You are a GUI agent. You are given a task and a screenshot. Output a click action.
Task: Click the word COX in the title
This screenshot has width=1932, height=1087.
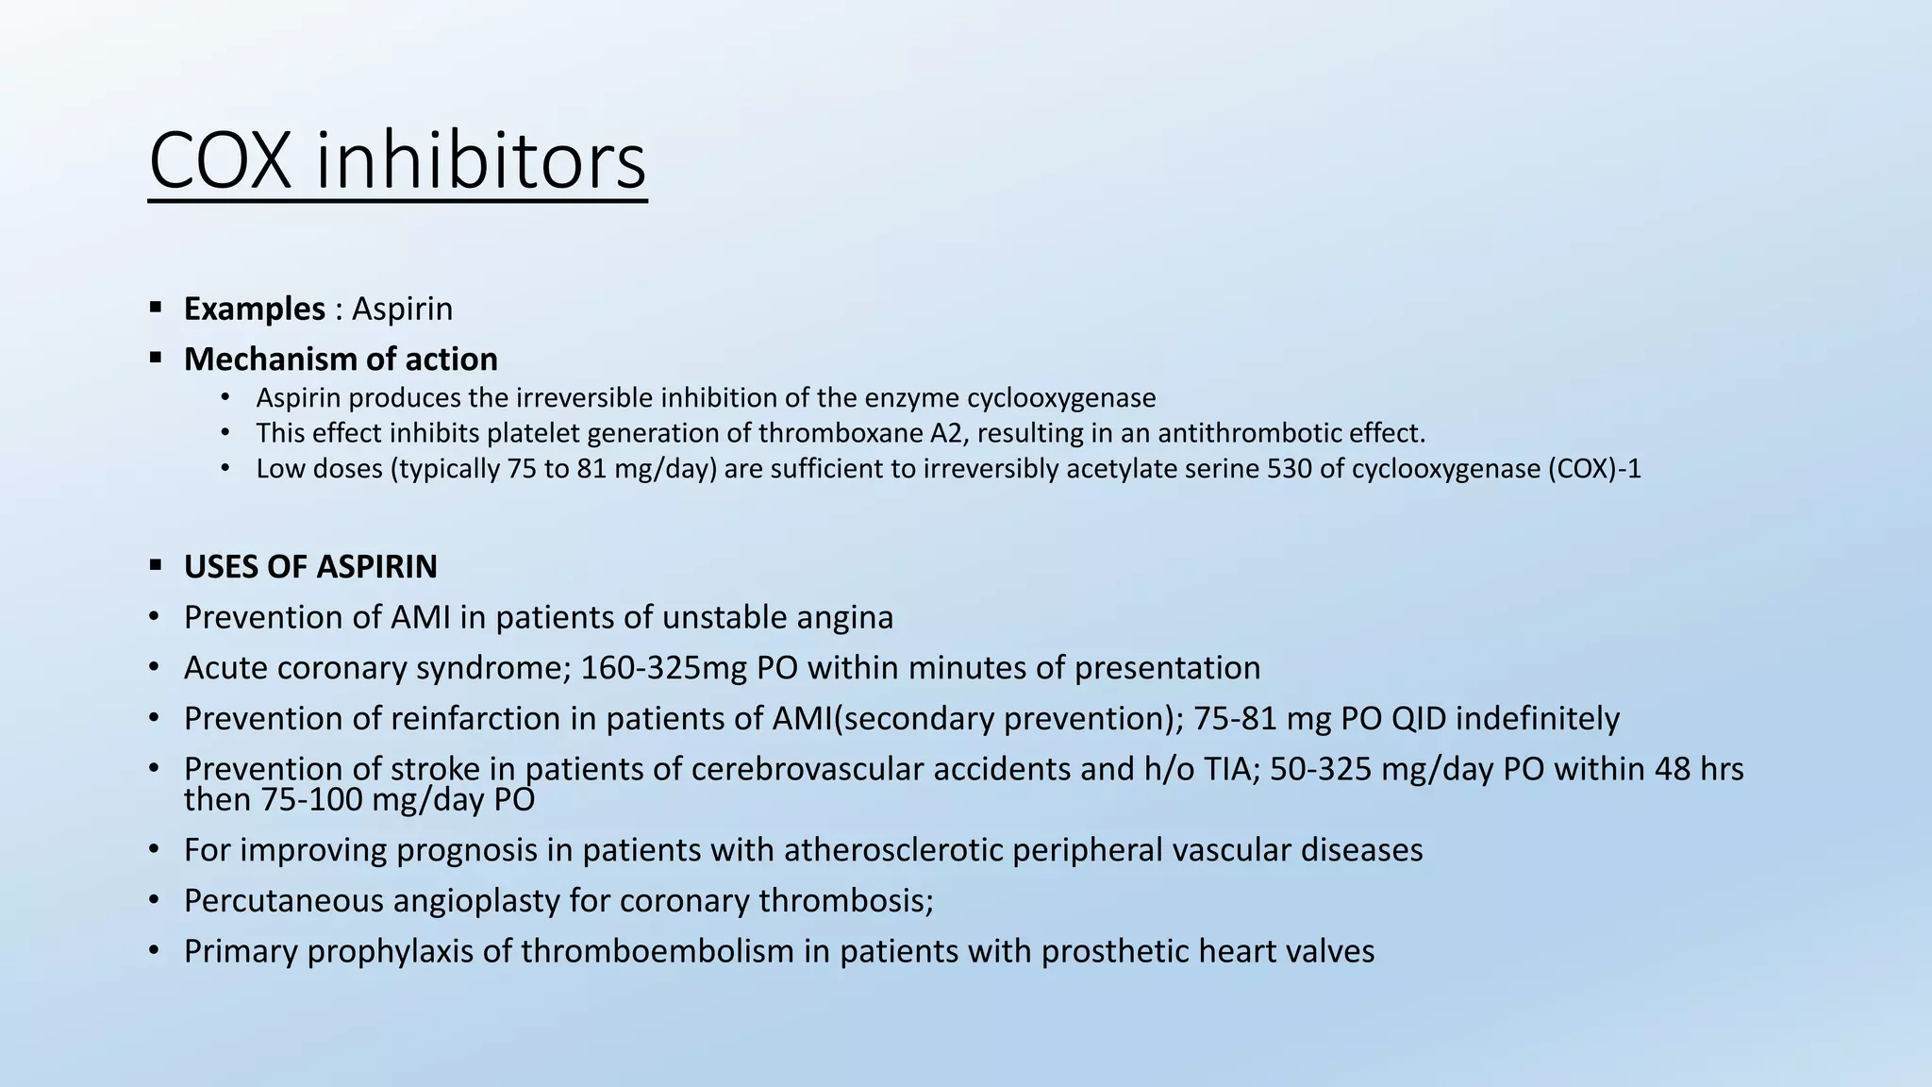(x=221, y=161)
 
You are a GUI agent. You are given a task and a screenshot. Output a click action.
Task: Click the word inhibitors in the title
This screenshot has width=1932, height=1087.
(x=480, y=161)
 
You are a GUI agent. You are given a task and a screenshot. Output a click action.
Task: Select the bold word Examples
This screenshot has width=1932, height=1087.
(x=255, y=309)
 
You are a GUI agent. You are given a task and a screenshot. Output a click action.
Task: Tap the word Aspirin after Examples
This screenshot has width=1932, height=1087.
(x=402, y=309)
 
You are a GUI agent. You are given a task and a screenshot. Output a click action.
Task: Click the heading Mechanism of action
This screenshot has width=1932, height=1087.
(x=341, y=360)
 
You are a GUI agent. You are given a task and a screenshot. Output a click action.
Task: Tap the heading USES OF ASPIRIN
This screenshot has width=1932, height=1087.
(x=310, y=567)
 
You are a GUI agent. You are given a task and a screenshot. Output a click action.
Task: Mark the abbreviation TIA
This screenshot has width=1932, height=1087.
(x=1226, y=770)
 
